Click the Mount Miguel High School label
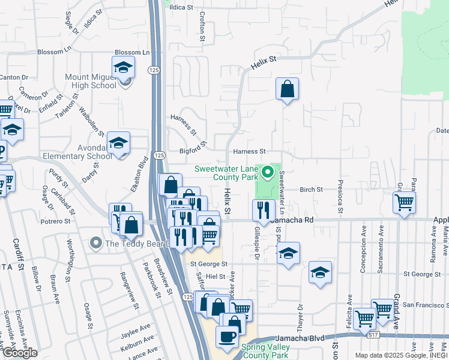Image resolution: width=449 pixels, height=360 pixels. (x=91, y=81)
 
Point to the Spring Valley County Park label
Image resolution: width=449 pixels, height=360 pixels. (x=265, y=351)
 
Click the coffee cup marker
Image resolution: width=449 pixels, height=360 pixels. (x=227, y=337)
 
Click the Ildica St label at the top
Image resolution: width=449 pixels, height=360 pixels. (x=181, y=8)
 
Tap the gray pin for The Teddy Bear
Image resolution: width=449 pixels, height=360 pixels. (x=95, y=243)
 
